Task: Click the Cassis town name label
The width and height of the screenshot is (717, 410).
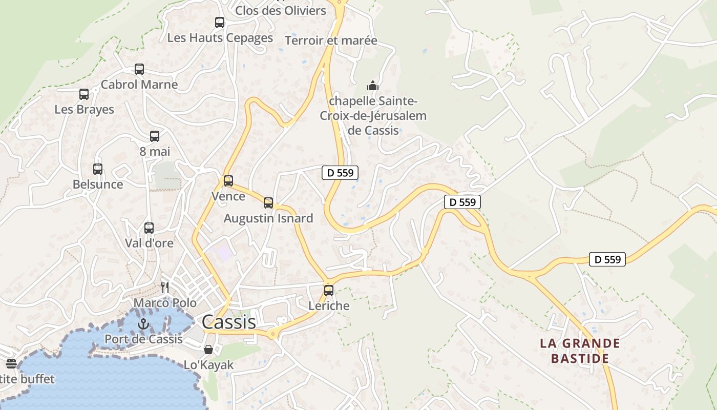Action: pyautogui.click(x=228, y=322)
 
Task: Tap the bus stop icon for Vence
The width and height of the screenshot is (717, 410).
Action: pyautogui.click(x=228, y=181)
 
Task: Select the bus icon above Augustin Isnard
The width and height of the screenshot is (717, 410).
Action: pyautogui.click(x=268, y=202)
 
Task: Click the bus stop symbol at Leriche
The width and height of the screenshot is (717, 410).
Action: pyautogui.click(x=329, y=291)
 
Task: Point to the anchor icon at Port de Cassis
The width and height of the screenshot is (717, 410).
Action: pyautogui.click(x=143, y=324)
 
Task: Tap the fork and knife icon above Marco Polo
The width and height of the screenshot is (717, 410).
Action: pyautogui.click(x=165, y=287)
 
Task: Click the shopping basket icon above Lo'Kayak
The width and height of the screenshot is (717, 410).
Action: pyautogui.click(x=208, y=350)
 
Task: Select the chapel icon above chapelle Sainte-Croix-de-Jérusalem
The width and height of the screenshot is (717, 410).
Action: pyautogui.click(x=373, y=85)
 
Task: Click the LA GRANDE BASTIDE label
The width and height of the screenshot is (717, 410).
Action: pyautogui.click(x=580, y=351)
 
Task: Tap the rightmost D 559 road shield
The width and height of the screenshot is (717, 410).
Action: pyautogui.click(x=607, y=259)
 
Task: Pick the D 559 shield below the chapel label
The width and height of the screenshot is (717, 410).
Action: pyautogui.click(x=340, y=173)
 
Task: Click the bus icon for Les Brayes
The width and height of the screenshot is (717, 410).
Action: pyautogui.click(x=84, y=94)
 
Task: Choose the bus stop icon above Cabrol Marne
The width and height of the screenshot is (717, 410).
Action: pyautogui.click(x=139, y=69)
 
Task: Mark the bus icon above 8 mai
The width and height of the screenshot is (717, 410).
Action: pyautogui.click(x=155, y=136)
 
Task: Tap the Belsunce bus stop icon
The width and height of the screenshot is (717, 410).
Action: pyautogui.click(x=98, y=169)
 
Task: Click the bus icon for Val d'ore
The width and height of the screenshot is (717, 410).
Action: pyautogui.click(x=149, y=228)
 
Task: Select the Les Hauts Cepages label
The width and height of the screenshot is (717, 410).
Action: pyautogui.click(x=220, y=38)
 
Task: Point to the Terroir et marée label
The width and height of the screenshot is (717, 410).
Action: pyautogui.click(x=331, y=40)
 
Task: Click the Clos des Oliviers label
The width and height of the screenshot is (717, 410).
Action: pyautogui.click(x=281, y=10)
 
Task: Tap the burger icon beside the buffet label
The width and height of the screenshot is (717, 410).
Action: pyautogui.click(x=11, y=364)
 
